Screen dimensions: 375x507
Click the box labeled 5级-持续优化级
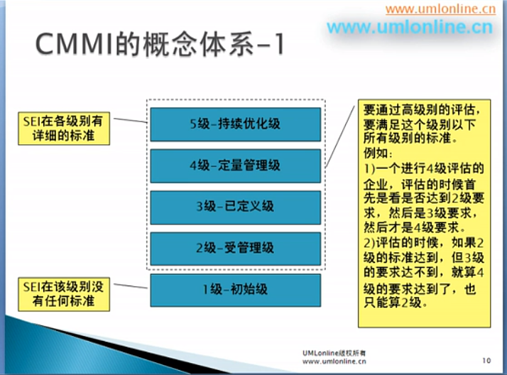coord(235,124)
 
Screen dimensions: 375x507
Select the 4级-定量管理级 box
coord(235,165)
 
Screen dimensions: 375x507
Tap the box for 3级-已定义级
coord(235,207)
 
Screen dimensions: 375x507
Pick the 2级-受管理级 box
coord(235,249)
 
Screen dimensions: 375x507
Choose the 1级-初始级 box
coord(235,290)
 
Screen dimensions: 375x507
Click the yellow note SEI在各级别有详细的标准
coord(63,127)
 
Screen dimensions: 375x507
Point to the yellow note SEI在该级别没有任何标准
coord(63,294)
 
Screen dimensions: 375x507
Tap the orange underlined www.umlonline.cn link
coord(440,9)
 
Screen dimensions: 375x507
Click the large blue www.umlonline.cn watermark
coord(409,28)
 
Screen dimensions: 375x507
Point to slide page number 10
coord(486,361)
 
